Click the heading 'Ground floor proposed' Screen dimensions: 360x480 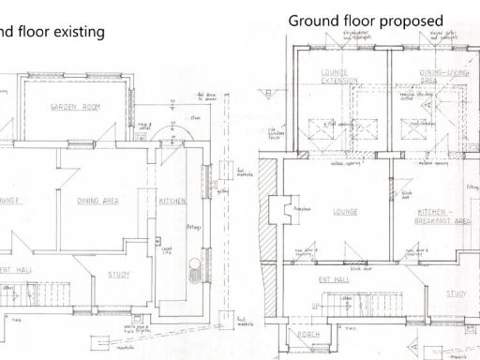click(x=353, y=20)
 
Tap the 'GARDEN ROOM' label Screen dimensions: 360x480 click(x=76, y=109)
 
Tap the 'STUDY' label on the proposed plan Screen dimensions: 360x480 click(x=457, y=293)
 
